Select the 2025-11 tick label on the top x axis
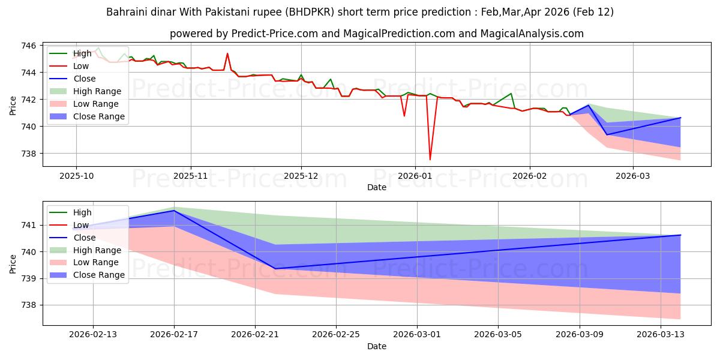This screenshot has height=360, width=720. coord(191,176)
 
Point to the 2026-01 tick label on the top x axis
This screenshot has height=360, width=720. coord(415,176)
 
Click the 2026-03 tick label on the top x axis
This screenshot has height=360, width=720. coord(634,176)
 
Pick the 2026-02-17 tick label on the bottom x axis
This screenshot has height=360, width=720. coord(174,335)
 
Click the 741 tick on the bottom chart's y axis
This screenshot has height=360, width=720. coord(30,226)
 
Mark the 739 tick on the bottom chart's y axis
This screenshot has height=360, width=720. coord(30,278)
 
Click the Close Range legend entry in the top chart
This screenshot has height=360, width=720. coord(98,116)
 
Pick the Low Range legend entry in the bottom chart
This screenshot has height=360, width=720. coord(96,262)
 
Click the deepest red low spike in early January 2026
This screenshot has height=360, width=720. coord(430,159)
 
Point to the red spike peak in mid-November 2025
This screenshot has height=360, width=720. coord(227,53)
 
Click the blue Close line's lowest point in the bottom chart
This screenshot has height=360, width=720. coord(275,269)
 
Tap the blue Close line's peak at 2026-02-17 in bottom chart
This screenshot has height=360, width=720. coord(174,211)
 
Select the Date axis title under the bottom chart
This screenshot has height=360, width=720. coord(376,346)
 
